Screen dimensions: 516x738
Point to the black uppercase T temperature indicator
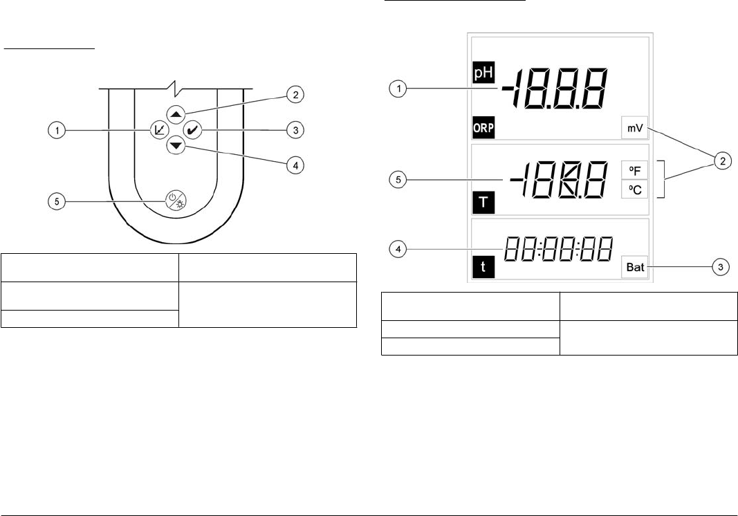(480, 201)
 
